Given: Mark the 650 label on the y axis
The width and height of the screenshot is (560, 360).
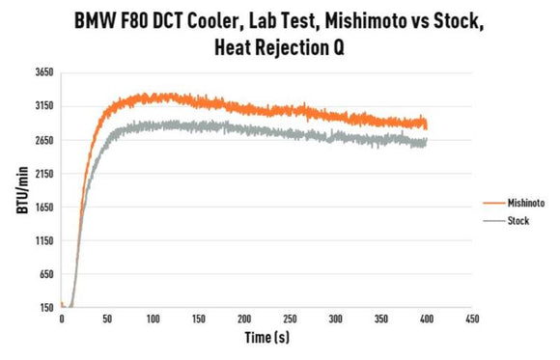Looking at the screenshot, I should click(44, 274).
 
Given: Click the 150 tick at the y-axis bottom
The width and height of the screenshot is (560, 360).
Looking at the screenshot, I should click(44, 308).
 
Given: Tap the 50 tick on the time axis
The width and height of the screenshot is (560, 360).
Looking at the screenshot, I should click(107, 318).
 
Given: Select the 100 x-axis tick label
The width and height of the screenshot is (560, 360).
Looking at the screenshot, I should click(153, 318).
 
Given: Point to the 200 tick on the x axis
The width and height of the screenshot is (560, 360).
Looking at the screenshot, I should click(243, 318).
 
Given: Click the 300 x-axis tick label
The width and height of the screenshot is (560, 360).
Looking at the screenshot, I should click(335, 318).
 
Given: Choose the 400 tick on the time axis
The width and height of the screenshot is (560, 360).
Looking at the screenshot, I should click(426, 318).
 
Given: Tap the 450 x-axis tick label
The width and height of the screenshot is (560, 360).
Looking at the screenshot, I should click(471, 318).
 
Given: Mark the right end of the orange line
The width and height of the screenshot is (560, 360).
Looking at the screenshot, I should click(426, 124).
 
